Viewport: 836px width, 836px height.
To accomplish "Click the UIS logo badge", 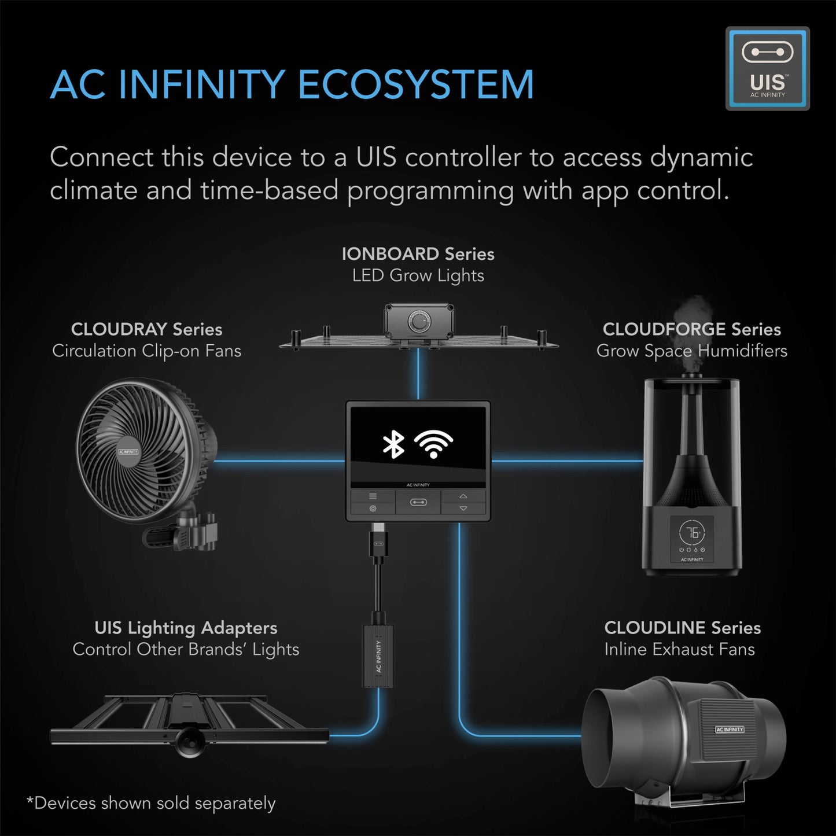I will [x=767, y=68].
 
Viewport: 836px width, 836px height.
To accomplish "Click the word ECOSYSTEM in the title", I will [x=415, y=85].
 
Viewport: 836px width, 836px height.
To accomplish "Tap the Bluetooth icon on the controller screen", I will [x=393, y=444].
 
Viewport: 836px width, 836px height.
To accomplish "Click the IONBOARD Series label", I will [x=418, y=254].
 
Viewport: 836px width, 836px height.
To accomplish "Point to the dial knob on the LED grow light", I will [x=418, y=322].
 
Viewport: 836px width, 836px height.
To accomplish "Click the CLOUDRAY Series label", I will [x=146, y=329].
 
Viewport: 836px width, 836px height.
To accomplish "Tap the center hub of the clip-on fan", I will [x=128, y=452].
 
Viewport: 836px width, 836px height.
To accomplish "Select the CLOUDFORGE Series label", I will [x=691, y=329].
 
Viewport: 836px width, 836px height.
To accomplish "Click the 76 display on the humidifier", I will [x=692, y=532].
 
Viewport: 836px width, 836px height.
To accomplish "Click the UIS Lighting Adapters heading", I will [x=186, y=628].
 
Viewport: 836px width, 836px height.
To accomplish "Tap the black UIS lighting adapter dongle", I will [x=379, y=656].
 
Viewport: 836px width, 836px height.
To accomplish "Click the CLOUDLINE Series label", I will [x=682, y=628].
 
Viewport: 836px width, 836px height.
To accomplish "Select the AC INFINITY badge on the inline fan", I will [x=729, y=730].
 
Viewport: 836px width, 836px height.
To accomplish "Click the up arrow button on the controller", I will [x=463, y=496].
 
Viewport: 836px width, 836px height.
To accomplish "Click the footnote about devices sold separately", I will [x=151, y=804].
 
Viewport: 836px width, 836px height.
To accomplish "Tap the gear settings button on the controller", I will [x=373, y=509].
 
